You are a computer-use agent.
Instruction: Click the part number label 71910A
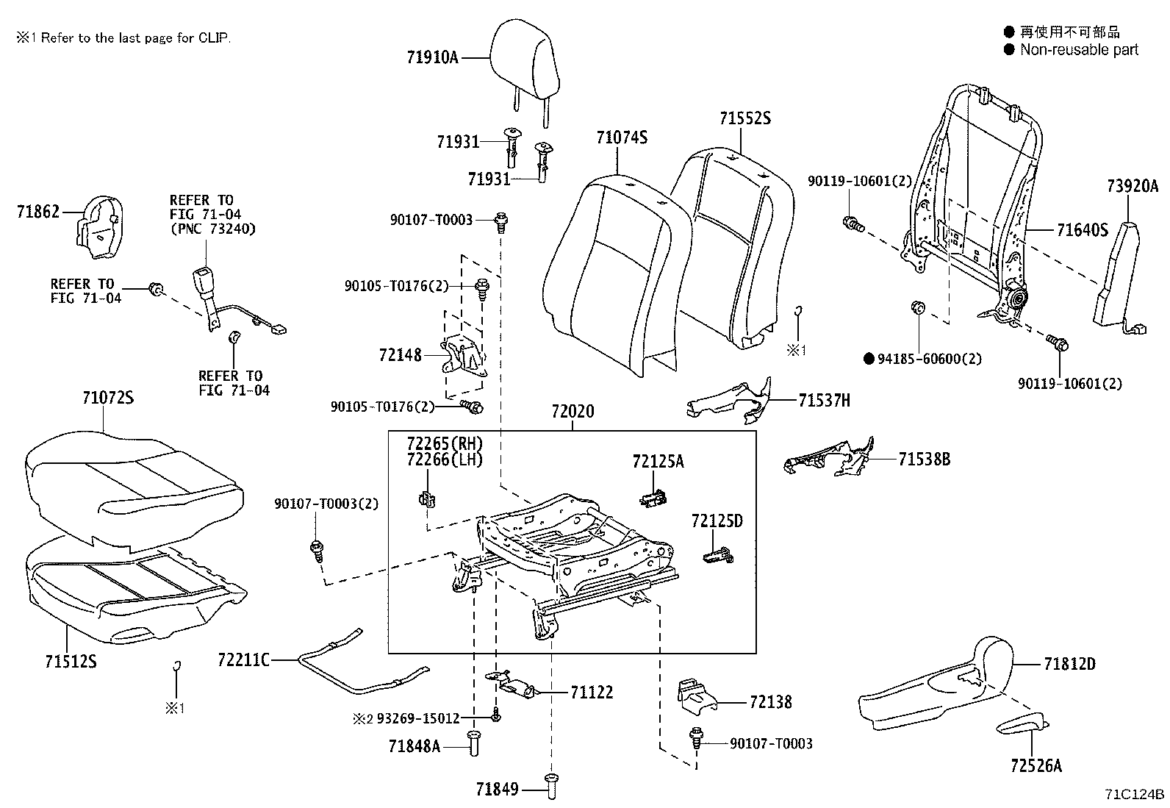(432, 57)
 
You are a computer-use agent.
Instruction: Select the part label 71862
(38, 212)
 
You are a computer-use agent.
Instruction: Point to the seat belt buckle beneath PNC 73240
(204, 283)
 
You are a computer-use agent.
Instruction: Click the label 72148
(401, 355)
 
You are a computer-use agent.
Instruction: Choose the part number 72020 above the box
(573, 412)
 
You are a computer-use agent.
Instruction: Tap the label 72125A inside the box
(658, 461)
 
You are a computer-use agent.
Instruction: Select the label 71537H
(825, 401)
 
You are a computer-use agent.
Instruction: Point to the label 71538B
(925, 460)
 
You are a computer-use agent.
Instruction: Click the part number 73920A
(1132, 187)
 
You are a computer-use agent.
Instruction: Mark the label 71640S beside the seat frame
(1082, 230)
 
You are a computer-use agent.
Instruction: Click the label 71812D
(1069, 664)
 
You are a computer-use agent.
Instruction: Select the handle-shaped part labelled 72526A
(1022, 726)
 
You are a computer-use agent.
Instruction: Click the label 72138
(771, 702)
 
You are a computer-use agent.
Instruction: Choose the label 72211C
(244, 659)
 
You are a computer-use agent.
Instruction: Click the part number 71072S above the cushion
(108, 398)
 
